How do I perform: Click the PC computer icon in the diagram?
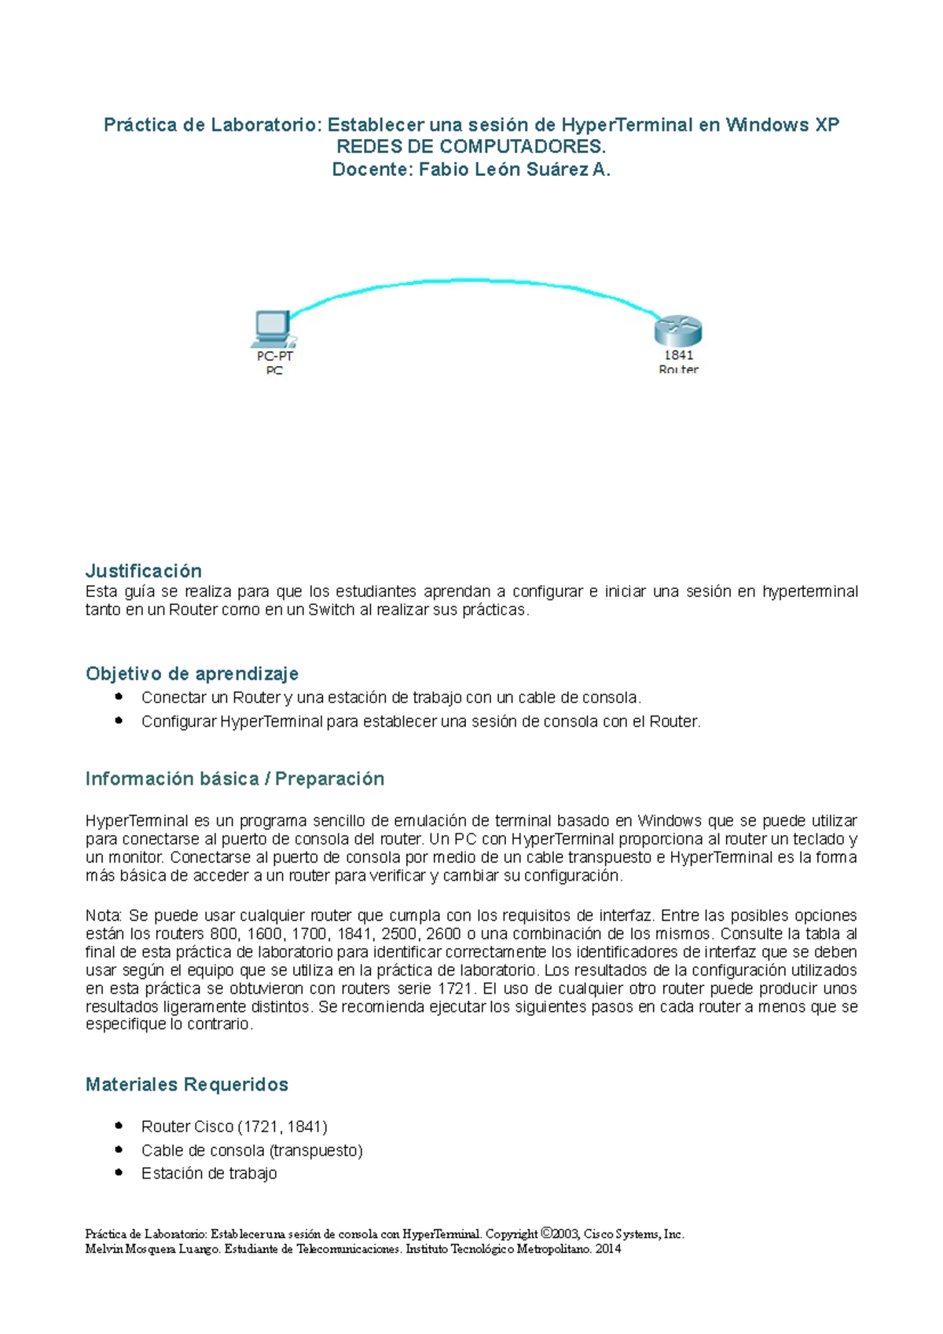pos(273,328)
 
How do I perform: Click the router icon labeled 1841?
pos(677,331)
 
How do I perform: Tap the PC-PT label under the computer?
pos(274,356)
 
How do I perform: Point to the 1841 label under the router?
pos(678,355)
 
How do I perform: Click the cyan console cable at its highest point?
pos(469,280)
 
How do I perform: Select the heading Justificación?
pos(144,570)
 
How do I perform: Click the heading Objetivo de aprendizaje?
pos(192,673)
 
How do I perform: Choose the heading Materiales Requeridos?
pos(186,1084)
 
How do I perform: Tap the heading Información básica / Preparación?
pos(234,779)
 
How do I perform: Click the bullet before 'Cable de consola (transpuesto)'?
pos(119,1149)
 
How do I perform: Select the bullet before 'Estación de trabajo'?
pos(119,1172)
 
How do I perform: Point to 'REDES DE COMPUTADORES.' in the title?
pos(471,147)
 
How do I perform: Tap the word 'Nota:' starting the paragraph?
pos(104,916)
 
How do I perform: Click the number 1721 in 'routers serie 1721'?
pos(455,988)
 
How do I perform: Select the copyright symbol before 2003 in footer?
pos(547,1233)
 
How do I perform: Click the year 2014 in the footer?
pos(608,1249)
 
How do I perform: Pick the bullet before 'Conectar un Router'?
pos(119,696)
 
